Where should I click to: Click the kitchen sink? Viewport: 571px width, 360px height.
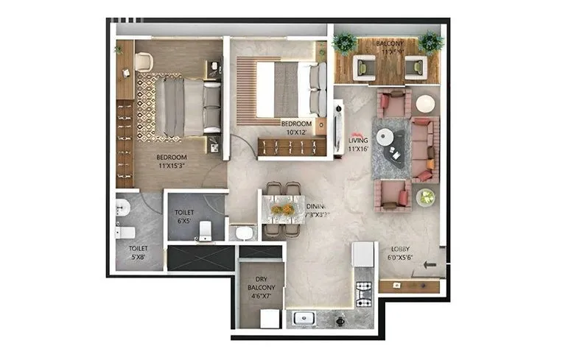(302, 319)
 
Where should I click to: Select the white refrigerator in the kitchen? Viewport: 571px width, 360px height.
(363, 254)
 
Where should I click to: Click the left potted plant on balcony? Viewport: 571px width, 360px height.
(344, 43)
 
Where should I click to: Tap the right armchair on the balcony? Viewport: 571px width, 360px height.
(416, 68)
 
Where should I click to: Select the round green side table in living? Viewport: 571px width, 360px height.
(425, 197)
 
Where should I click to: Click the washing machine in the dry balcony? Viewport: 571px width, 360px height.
(270, 318)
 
